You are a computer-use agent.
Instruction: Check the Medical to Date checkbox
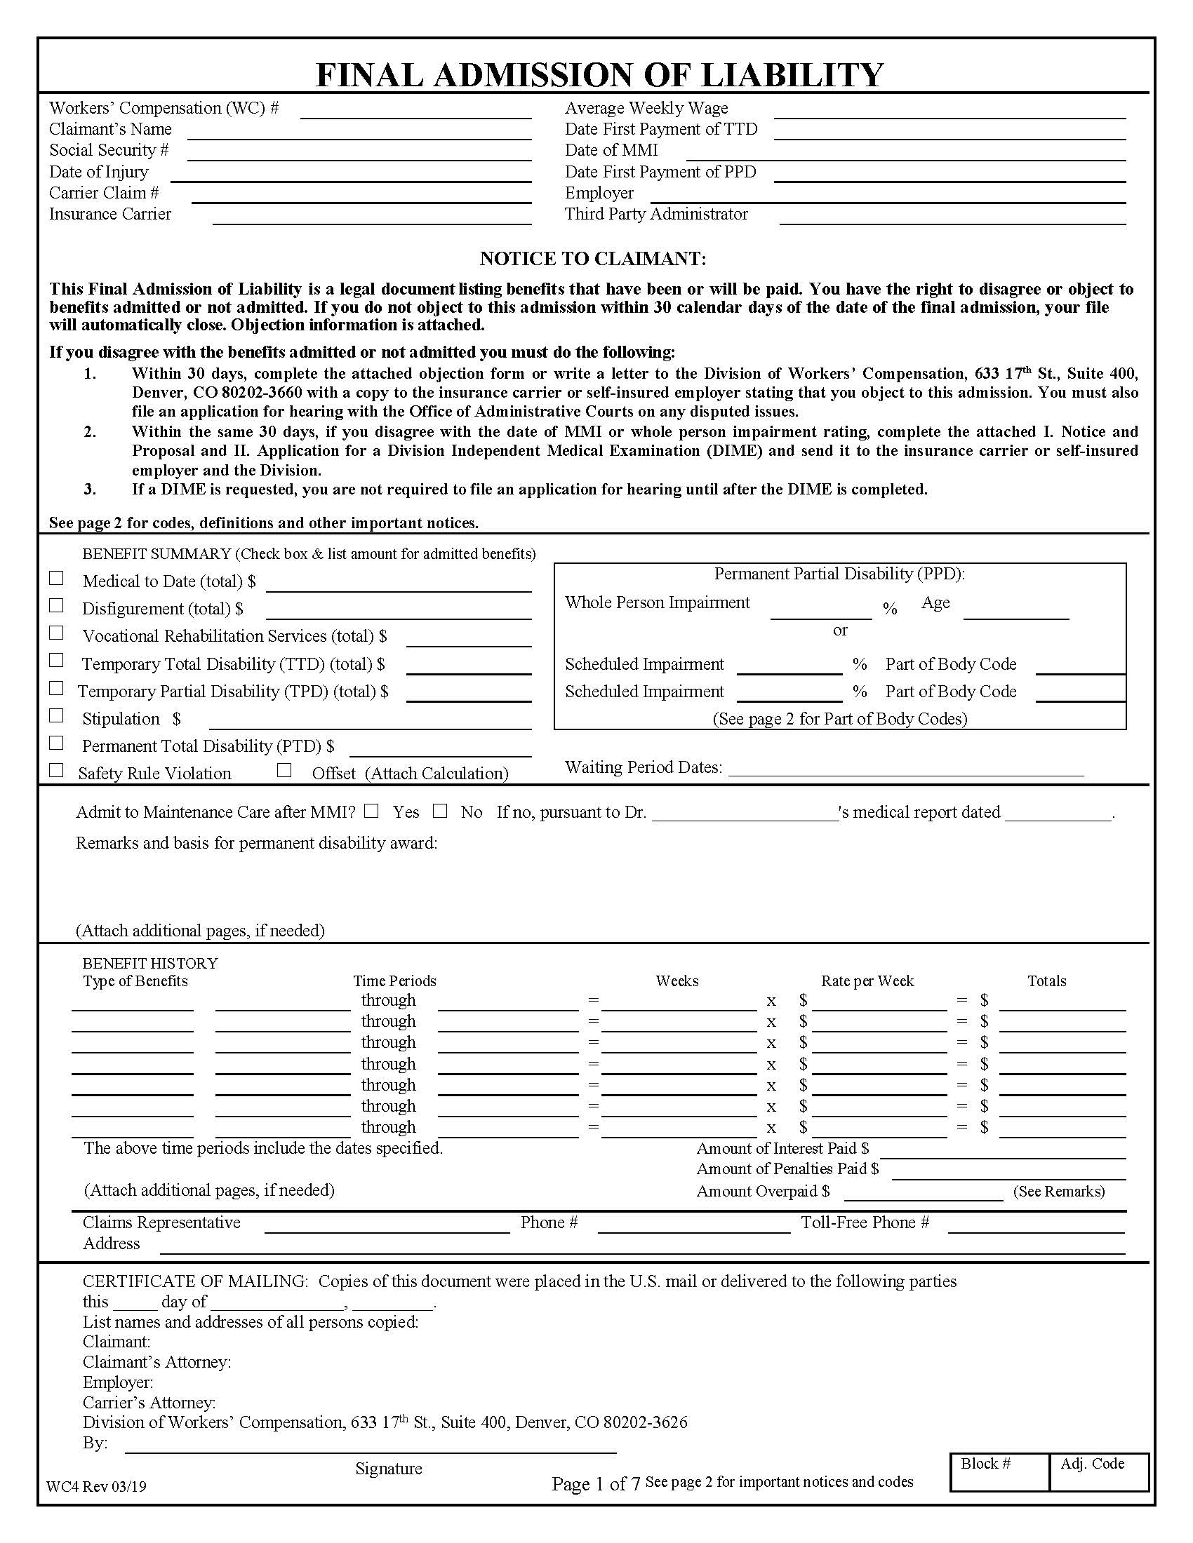tap(57, 579)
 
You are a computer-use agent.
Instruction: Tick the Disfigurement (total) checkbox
tap(57, 606)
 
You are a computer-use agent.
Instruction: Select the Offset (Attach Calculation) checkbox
tap(284, 771)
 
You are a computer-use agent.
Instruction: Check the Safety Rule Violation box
tap(57, 771)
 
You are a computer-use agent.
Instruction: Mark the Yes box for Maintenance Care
tap(371, 811)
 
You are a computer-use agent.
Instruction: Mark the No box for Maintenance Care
tap(440, 811)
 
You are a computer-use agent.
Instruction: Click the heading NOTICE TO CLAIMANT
tap(592, 259)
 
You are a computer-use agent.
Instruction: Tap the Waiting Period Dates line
tap(905, 769)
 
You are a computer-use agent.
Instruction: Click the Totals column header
tap(1047, 981)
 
